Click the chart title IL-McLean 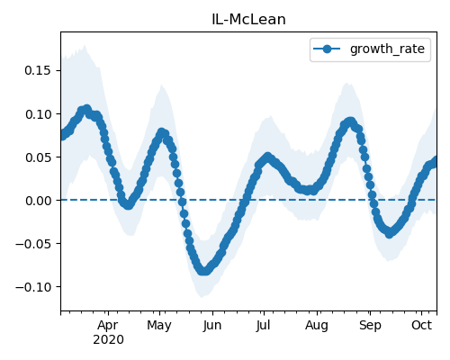(x=248, y=20)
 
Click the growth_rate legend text (x=387, y=49)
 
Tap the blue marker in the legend (x=327, y=49)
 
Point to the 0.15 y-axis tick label (x=39, y=70)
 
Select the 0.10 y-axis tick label (x=39, y=114)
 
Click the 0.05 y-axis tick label (x=39, y=157)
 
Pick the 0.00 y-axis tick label (x=39, y=201)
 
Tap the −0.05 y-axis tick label (x=33, y=244)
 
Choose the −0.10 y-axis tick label (x=33, y=287)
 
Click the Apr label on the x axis (x=108, y=325)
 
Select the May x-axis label (x=159, y=325)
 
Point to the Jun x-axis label (x=212, y=325)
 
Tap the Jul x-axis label (x=263, y=325)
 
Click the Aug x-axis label (x=317, y=325)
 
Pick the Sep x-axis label (x=370, y=325)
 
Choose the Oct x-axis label (x=421, y=325)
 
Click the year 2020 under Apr (x=108, y=340)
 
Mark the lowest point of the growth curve (x=204, y=271)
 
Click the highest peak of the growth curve (x=87, y=109)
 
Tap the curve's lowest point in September (x=389, y=233)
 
